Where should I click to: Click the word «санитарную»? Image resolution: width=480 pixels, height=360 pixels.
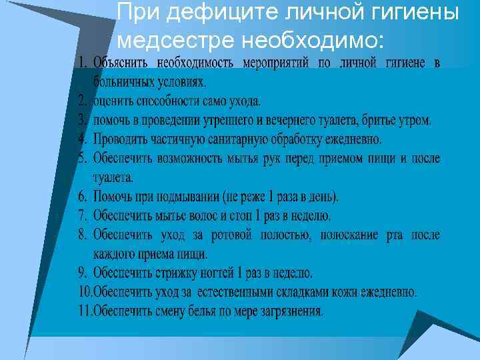(238, 140)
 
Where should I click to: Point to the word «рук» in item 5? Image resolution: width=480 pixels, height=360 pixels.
(296, 159)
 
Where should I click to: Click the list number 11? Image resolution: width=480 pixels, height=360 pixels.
(85, 311)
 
